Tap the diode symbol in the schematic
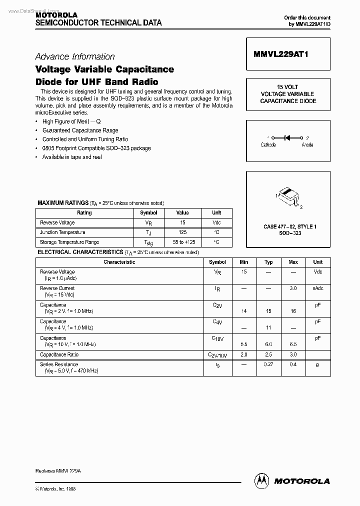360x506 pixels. point(287,137)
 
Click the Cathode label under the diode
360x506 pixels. point(268,145)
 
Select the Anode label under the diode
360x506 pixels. point(307,145)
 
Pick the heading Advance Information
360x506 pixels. point(75,56)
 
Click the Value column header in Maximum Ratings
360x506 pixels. point(182,212)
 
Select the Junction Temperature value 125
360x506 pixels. point(182,232)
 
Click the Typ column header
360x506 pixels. point(268,262)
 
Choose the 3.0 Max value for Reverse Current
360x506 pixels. point(293,288)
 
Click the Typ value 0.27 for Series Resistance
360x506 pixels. point(268,365)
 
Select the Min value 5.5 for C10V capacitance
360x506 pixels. point(243,344)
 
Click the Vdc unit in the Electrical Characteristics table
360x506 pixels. point(318,272)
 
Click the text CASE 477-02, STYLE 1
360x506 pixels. point(290,226)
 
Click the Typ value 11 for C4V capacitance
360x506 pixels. point(268,327)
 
